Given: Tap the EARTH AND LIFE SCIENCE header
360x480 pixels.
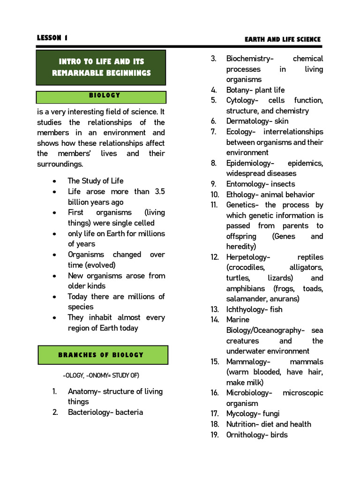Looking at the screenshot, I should coord(283,39).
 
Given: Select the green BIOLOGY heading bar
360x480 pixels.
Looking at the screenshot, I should coord(102,96).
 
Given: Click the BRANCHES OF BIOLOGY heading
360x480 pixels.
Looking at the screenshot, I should coord(102,355).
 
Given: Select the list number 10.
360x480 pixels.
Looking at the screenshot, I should coord(215,195).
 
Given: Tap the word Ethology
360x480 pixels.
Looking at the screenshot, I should coord(241,195).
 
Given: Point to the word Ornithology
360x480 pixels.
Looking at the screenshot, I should coord(247,435).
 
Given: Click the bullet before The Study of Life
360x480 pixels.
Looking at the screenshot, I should coord(55,181).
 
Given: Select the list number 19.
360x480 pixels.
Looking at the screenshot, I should coord(215,435).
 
